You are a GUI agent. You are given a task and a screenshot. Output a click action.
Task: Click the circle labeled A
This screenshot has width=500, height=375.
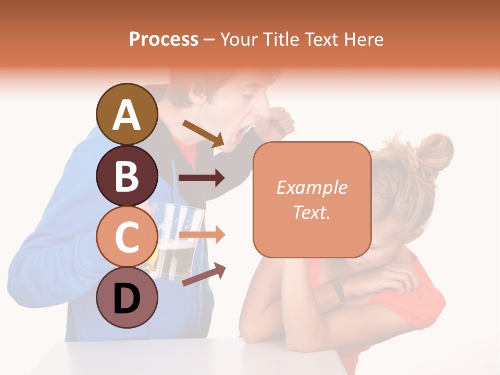(x=127, y=114)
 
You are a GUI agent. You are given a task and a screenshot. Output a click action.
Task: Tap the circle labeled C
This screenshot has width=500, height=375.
(x=127, y=236)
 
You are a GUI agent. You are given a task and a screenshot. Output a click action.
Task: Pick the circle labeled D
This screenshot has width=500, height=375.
(x=127, y=297)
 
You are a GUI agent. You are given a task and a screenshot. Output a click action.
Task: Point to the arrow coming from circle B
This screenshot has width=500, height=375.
(x=202, y=178)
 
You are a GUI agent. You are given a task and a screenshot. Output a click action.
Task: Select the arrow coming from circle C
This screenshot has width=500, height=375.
(x=202, y=235)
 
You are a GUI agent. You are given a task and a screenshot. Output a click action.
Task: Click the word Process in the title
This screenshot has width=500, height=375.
(x=164, y=39)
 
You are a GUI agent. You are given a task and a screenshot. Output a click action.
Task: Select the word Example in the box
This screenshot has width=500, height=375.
(x=312, y=187)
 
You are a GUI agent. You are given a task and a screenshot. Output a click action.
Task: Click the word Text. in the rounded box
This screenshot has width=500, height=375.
(x=312, y=212)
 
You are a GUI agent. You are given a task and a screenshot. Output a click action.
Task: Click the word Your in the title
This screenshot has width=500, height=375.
(x=239, y=39)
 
